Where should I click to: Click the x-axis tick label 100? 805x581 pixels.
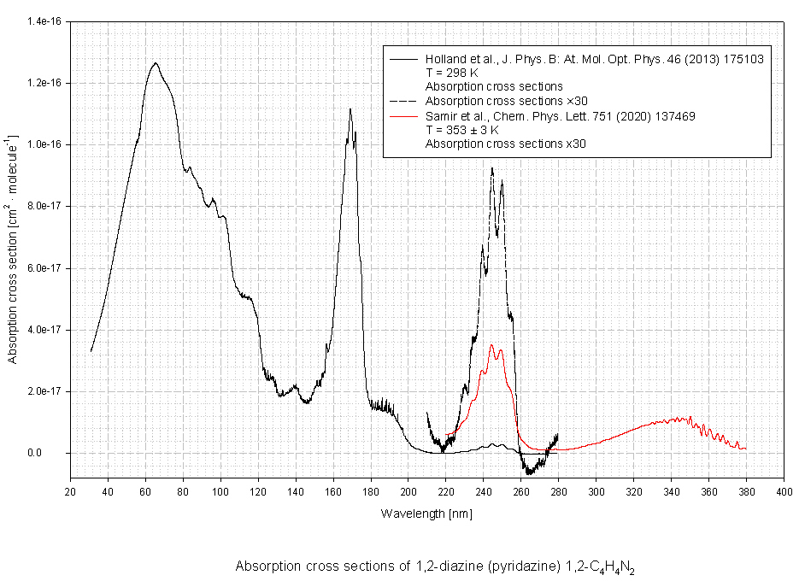[220, 493]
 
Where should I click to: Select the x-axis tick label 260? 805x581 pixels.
[520, 493]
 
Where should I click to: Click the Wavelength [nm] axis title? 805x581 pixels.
[426, 514]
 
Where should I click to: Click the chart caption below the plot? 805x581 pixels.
[435, 566]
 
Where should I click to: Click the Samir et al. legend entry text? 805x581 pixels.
[573, 116]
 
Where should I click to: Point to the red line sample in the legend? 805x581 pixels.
[403, 116]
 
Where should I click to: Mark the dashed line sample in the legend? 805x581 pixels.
[403, 101]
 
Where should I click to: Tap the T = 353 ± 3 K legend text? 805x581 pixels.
[461, 130]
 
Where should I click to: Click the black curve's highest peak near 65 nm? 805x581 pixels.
[155, 62]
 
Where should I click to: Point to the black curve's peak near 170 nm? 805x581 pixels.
[350, 109]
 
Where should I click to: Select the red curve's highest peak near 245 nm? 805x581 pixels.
[491, 344]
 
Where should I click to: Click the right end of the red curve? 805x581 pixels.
[746, 449]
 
